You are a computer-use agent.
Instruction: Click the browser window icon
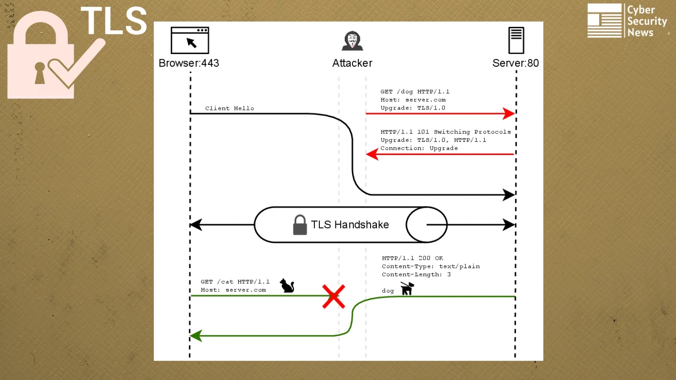[190, 41]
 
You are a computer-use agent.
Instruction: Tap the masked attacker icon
[352, 41]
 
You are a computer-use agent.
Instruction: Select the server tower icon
[516, 41]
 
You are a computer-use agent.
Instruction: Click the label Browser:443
[189, 63]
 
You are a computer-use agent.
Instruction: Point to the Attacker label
[352, 63]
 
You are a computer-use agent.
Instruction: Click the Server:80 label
[515, 63]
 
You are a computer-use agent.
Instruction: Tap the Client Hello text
[229, 109]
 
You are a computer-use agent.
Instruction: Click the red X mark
[334, 296]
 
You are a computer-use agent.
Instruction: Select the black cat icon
[287, 286]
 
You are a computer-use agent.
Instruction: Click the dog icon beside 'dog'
[407, 288]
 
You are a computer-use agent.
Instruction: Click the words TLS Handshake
[350, 225]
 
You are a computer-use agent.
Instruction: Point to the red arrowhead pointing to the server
[509, 113]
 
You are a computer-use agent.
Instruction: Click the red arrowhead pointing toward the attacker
[372, 154]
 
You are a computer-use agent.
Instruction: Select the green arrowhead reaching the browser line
[196, 336]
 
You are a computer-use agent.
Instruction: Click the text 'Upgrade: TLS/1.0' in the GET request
[413, 108]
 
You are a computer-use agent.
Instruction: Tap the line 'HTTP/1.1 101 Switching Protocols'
[445, 132]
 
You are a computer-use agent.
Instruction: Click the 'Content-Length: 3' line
[416, 274]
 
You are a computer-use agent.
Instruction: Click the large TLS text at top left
[114, 21]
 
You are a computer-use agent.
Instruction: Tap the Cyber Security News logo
[627, 21]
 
